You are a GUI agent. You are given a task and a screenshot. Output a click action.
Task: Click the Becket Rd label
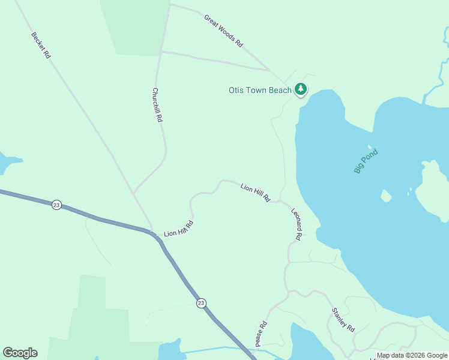(x=41, y=44)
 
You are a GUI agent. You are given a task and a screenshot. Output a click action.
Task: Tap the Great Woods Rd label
(x=223, y=31)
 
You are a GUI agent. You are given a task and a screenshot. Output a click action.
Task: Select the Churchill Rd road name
(x=157, y=106)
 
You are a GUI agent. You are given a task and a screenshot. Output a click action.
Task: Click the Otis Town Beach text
(x=260, y=91)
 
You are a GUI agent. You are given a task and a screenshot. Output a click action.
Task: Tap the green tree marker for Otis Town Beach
(x=301, y=90)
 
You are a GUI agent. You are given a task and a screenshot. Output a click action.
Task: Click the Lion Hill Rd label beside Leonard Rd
(x=256, y=193)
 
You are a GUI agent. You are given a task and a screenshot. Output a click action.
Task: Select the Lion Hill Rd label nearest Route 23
(x=179, y=229)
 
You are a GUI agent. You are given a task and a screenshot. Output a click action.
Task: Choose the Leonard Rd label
(x=296, y=224)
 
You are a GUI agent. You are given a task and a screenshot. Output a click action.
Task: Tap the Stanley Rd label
(x=343, y=320)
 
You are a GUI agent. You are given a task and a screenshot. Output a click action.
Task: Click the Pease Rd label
(x=261, y=334)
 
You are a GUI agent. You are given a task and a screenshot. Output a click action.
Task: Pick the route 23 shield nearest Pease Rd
(x=200, y=304)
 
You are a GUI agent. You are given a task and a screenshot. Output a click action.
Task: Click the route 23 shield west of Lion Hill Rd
(x=56, y=205)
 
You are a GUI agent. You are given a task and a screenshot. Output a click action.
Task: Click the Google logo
(x=20, y=353)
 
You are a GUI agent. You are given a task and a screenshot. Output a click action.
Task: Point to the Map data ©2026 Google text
(x=412, y=355)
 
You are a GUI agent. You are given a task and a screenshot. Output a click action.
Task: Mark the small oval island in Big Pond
(x=386, y=196)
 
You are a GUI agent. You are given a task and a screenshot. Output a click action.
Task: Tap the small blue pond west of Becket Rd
(x=7, y=162)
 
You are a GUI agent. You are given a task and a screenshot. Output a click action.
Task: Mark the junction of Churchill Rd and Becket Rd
(x=133, y=193)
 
